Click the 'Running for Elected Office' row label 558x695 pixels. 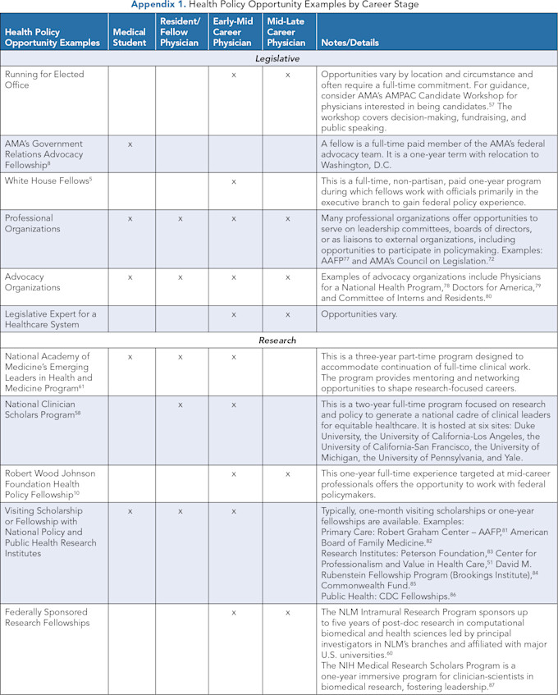tap(44, 80)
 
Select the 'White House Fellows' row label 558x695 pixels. tap(47, 180)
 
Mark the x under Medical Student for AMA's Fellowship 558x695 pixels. tap(130, 144)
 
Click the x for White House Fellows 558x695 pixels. tap(235, 180)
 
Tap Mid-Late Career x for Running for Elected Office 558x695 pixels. tap(287, 75)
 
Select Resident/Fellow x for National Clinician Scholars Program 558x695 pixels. tap(182, 405)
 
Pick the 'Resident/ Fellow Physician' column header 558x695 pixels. tap(181, 32)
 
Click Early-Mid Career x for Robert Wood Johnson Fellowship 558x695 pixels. tap(235, 474)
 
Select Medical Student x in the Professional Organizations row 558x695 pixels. tap(130, 219)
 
